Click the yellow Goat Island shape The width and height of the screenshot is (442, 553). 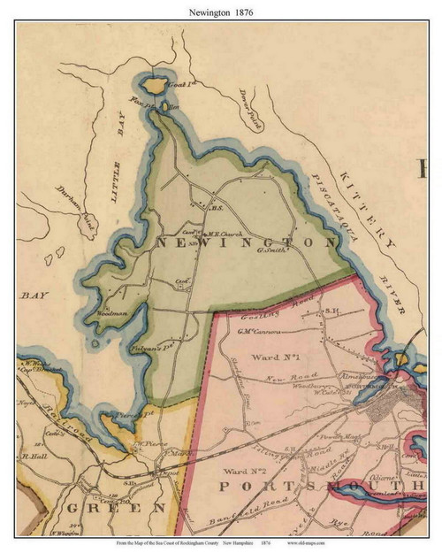click(153, 86)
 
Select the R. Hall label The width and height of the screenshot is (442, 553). click(35, 457)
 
